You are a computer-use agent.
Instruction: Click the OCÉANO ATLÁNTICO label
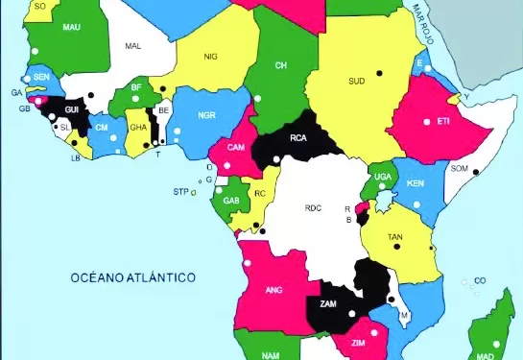(x=132, y=277)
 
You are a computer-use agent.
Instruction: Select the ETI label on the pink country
(x=443, y=122)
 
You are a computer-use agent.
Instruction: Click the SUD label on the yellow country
(x=357, y=81)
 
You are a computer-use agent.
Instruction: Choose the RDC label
(x=313, y=207)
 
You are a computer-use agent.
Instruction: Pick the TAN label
(x=394, y=236)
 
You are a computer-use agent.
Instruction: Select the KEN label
(x=415, y=183)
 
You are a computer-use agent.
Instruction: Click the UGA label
(x=383, y=177)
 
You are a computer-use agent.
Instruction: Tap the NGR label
(x=206, y=115)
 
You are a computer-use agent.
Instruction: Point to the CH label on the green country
(x=281, y=65)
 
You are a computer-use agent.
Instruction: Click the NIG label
(x=211, y=57)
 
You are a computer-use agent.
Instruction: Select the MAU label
(x=70, y=29)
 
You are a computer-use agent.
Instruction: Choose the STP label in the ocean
(x=180, y=192)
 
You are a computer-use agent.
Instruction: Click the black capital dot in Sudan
(x=378, y=72)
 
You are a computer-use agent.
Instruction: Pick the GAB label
(x=230, y=201)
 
